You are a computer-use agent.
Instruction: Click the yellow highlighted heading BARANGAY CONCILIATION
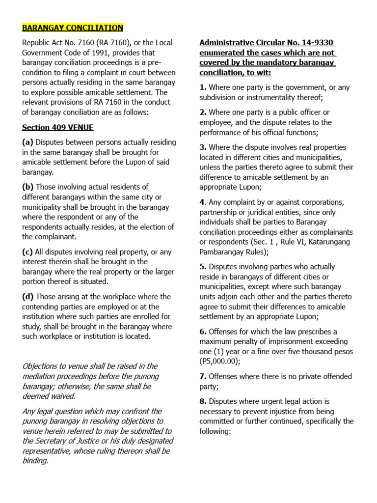tap(73, 28)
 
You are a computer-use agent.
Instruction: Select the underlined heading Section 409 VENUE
tap(57, 127)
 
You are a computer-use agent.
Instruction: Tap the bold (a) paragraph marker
tap(27, 142)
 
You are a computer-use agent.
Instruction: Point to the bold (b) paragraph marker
tap(27, 187)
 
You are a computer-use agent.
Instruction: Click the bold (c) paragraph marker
tap(27, 252)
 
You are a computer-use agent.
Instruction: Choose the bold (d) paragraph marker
tap(27, 297)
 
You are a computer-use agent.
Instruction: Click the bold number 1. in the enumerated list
tap(203, 87)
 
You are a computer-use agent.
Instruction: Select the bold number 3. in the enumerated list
tap(203, 147)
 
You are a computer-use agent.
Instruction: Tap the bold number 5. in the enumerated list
tap(203, 267)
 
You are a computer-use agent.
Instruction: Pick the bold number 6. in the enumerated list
tap(203, 332)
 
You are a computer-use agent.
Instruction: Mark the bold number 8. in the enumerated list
tap(203, 401)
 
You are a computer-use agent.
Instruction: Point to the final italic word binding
tap(35, 461)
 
